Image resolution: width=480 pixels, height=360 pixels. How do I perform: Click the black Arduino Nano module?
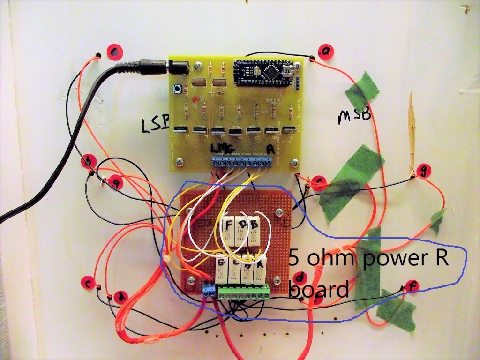(x=264, y=72)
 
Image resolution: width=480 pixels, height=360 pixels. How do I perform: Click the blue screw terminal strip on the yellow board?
(x=242, y=163)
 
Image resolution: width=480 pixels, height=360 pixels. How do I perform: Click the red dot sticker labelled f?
(x=413, y=285)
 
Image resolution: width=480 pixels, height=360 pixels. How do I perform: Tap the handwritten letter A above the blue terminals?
(x=270, y=148)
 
